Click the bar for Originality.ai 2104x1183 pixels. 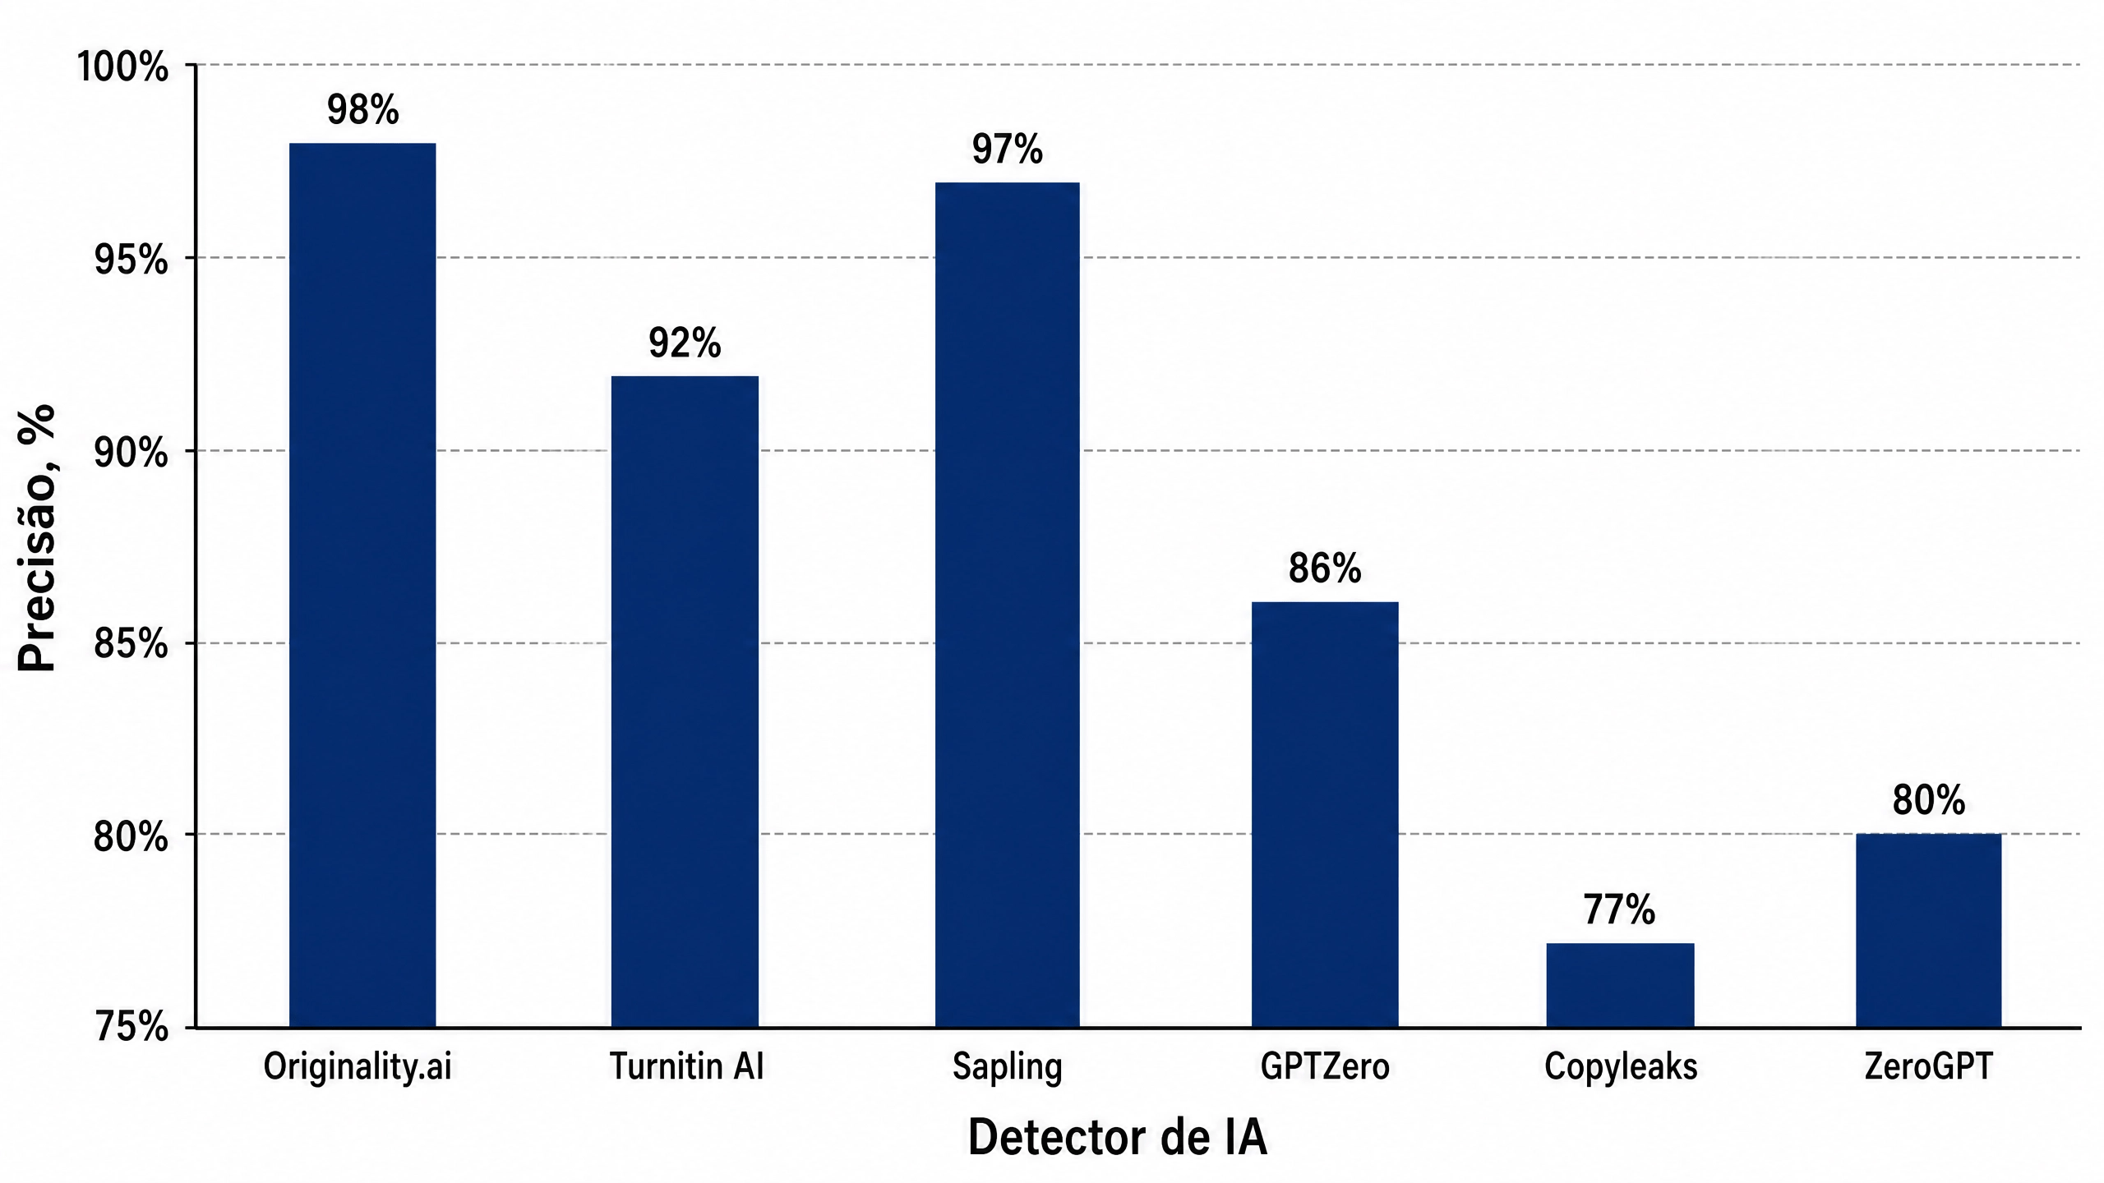[362, 585]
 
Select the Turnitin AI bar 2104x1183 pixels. [685, 702]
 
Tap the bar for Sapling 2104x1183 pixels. [1008, 605]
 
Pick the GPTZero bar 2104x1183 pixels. [1325, 814]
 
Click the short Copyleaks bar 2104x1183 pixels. [1620, 985]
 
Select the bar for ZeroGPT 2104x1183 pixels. [1928, 931]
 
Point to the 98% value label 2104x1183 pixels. [362, 110]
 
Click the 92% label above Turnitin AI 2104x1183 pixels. [685, 343]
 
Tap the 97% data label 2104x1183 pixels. [1008, 150]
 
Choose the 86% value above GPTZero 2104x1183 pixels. [1325, 568]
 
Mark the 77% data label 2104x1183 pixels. [1619, 910]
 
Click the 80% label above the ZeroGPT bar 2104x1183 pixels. [1928, 800]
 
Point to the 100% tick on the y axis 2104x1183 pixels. [122, 67]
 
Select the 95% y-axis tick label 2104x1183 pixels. [131, 260]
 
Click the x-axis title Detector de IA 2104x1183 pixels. [1117, 1138]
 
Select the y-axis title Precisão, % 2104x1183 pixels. [37, 538]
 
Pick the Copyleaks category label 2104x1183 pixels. [1621, 1067]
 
